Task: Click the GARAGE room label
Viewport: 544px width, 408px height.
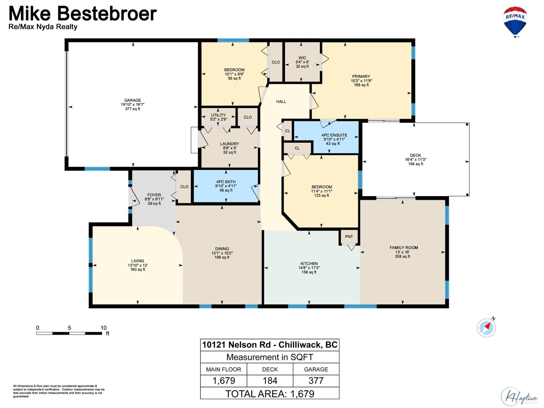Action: pos(133,101)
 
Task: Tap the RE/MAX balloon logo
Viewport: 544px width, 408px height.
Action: pos(515,21)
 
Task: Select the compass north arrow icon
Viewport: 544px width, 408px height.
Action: pos(486,328)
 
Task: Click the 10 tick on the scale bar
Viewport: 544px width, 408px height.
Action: pos(103,328)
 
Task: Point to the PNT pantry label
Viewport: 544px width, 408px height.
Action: pos(349,237)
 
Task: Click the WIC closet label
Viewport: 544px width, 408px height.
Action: pos(302,58)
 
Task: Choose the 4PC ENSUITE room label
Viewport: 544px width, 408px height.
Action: pos(334,135)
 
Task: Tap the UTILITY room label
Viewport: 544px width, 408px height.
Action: pos(218,115)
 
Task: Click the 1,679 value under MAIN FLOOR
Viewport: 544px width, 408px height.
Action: pos(223,381)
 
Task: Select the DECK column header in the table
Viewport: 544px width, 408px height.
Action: pos(270,369)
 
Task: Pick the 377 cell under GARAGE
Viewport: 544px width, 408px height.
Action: pos(316,381)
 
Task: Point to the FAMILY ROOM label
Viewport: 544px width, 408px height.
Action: pos(404,248)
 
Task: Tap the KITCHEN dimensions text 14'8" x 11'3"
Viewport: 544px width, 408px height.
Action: pos(309,268)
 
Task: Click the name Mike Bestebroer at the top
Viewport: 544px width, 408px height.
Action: pos(83,14)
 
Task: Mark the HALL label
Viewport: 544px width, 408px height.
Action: pos(281,102)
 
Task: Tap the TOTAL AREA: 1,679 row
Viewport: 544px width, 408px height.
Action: pos(270,394)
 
